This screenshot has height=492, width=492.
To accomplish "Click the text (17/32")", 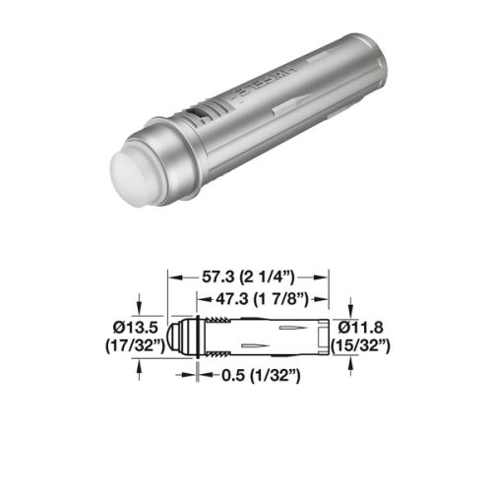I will [133, 344].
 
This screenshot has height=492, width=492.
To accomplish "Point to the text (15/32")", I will [365, 344].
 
